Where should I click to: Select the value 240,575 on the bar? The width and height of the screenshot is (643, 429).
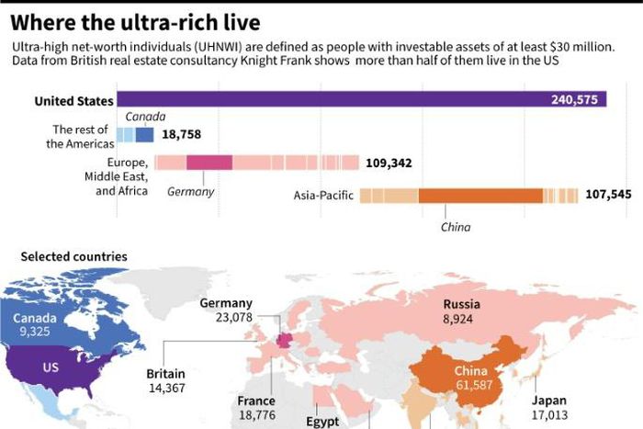577,101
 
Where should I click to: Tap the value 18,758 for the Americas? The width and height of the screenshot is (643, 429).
181,134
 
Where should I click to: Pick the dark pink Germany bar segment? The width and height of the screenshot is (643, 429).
209,163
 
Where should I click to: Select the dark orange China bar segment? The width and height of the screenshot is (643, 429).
480,195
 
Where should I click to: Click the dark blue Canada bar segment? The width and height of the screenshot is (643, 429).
145,134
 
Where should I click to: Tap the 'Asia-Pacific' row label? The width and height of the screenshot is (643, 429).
322,195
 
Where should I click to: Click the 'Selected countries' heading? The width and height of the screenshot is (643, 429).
73,256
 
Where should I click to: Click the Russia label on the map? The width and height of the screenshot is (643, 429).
463,304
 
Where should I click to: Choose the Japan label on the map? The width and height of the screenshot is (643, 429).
550,401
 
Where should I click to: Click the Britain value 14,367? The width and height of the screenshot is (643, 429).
166,389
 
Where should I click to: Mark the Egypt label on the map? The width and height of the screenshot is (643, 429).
322,423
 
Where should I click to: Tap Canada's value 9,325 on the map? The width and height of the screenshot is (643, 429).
35,333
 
